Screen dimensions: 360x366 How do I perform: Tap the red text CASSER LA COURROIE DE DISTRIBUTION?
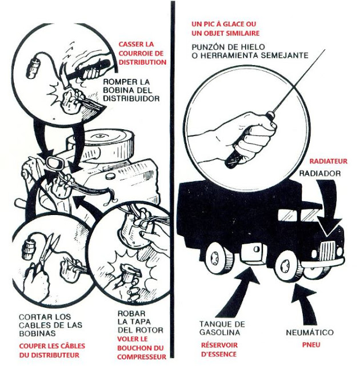(x=142, y=53)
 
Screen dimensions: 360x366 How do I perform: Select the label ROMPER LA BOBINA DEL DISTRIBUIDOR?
(x=131, y=90)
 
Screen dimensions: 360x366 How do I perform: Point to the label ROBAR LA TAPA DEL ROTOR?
(x=137, y=322)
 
